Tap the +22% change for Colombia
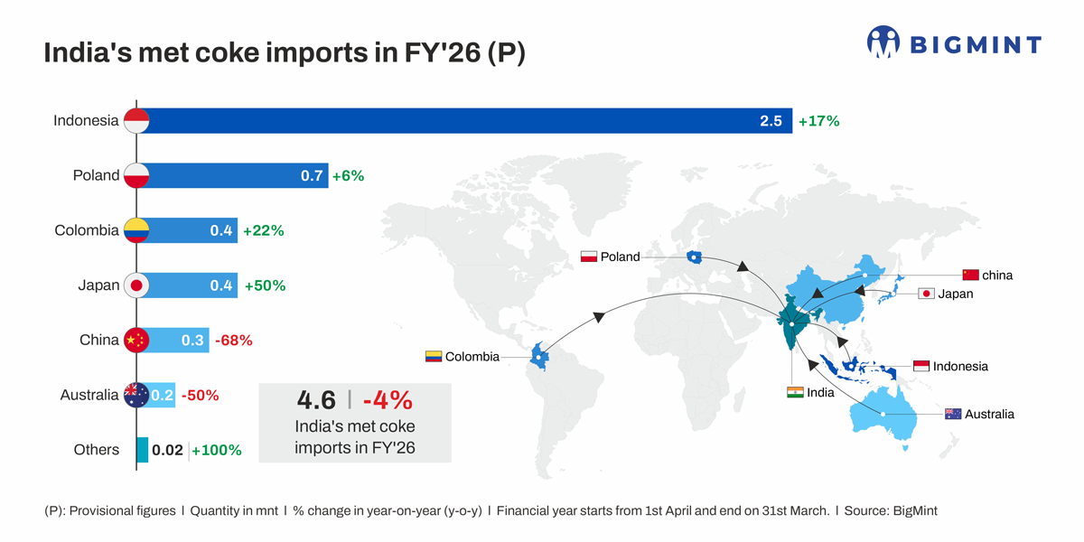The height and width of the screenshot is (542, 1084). tap(263, 230)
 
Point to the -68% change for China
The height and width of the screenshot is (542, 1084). tap(233, 341)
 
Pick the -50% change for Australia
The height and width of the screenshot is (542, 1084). tap(200, 395)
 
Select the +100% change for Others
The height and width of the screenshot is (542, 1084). tap(217, 450)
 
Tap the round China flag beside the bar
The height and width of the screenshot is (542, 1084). tap(135, 341)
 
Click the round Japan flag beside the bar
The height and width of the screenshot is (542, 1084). tap(135, 285)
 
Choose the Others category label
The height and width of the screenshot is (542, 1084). tap(97, 450)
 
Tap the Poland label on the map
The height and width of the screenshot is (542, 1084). tap(620, 257)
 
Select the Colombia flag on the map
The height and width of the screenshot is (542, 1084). tap(434, 356)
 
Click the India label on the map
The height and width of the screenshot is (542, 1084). tap(820, 393)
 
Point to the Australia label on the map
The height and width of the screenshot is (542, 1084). tap(989, 414)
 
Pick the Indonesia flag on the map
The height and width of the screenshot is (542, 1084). tap(921, 366)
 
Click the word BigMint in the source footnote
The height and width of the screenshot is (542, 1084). tap(914, 510)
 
